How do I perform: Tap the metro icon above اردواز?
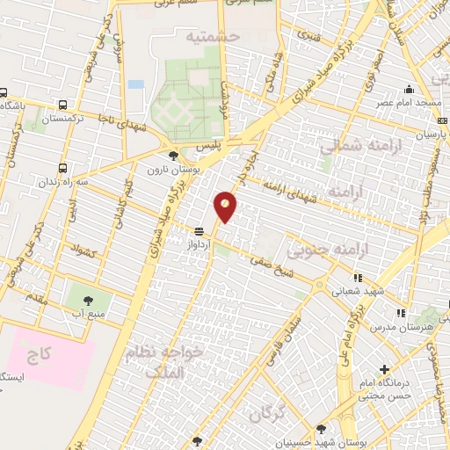tap(200, 230)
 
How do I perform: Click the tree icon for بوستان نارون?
tap(172, 155)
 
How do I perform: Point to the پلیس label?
tap(230, 142)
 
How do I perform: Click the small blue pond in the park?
tap(135, 84)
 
